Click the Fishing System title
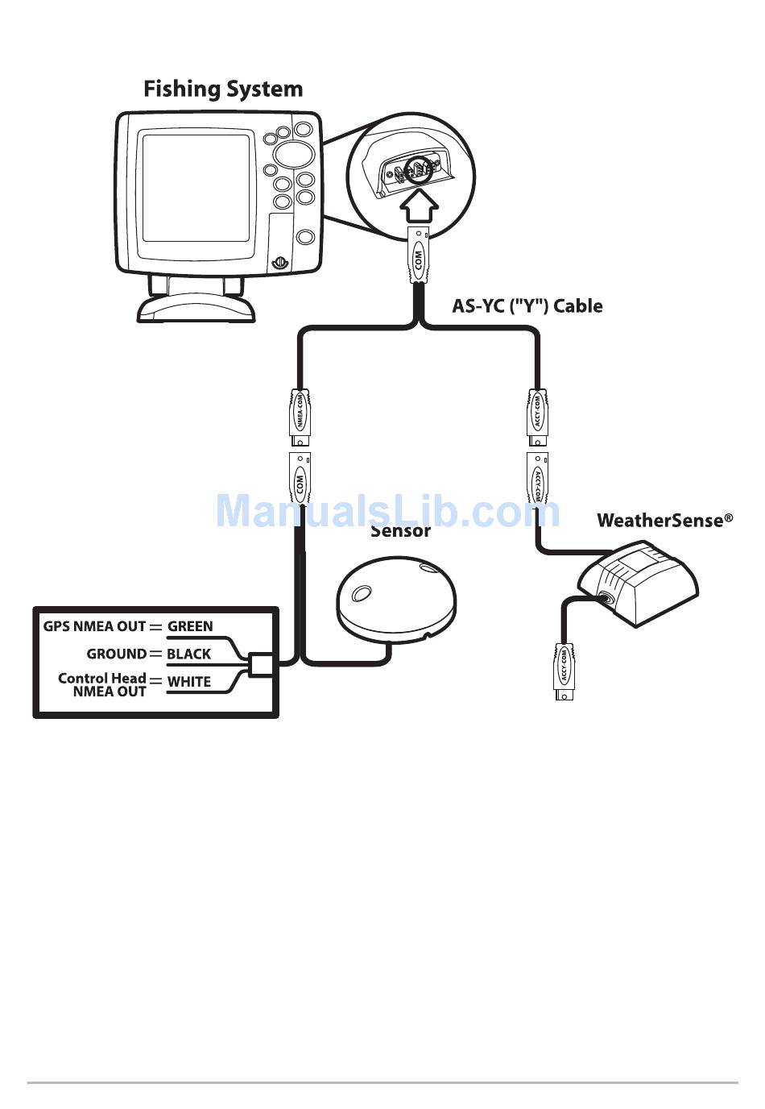click(223, 89)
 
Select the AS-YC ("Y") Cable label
click(527, 306)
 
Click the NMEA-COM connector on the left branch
click(300, 419)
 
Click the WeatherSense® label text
click(664, 521)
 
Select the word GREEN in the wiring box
click(190, 626)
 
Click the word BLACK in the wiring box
click(188, 654)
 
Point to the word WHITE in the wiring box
click(188, 682)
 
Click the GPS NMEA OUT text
click(94, 626)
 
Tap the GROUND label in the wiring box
click(117, 654)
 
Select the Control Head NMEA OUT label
click(102, 685)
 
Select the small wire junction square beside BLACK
click(260, 665)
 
